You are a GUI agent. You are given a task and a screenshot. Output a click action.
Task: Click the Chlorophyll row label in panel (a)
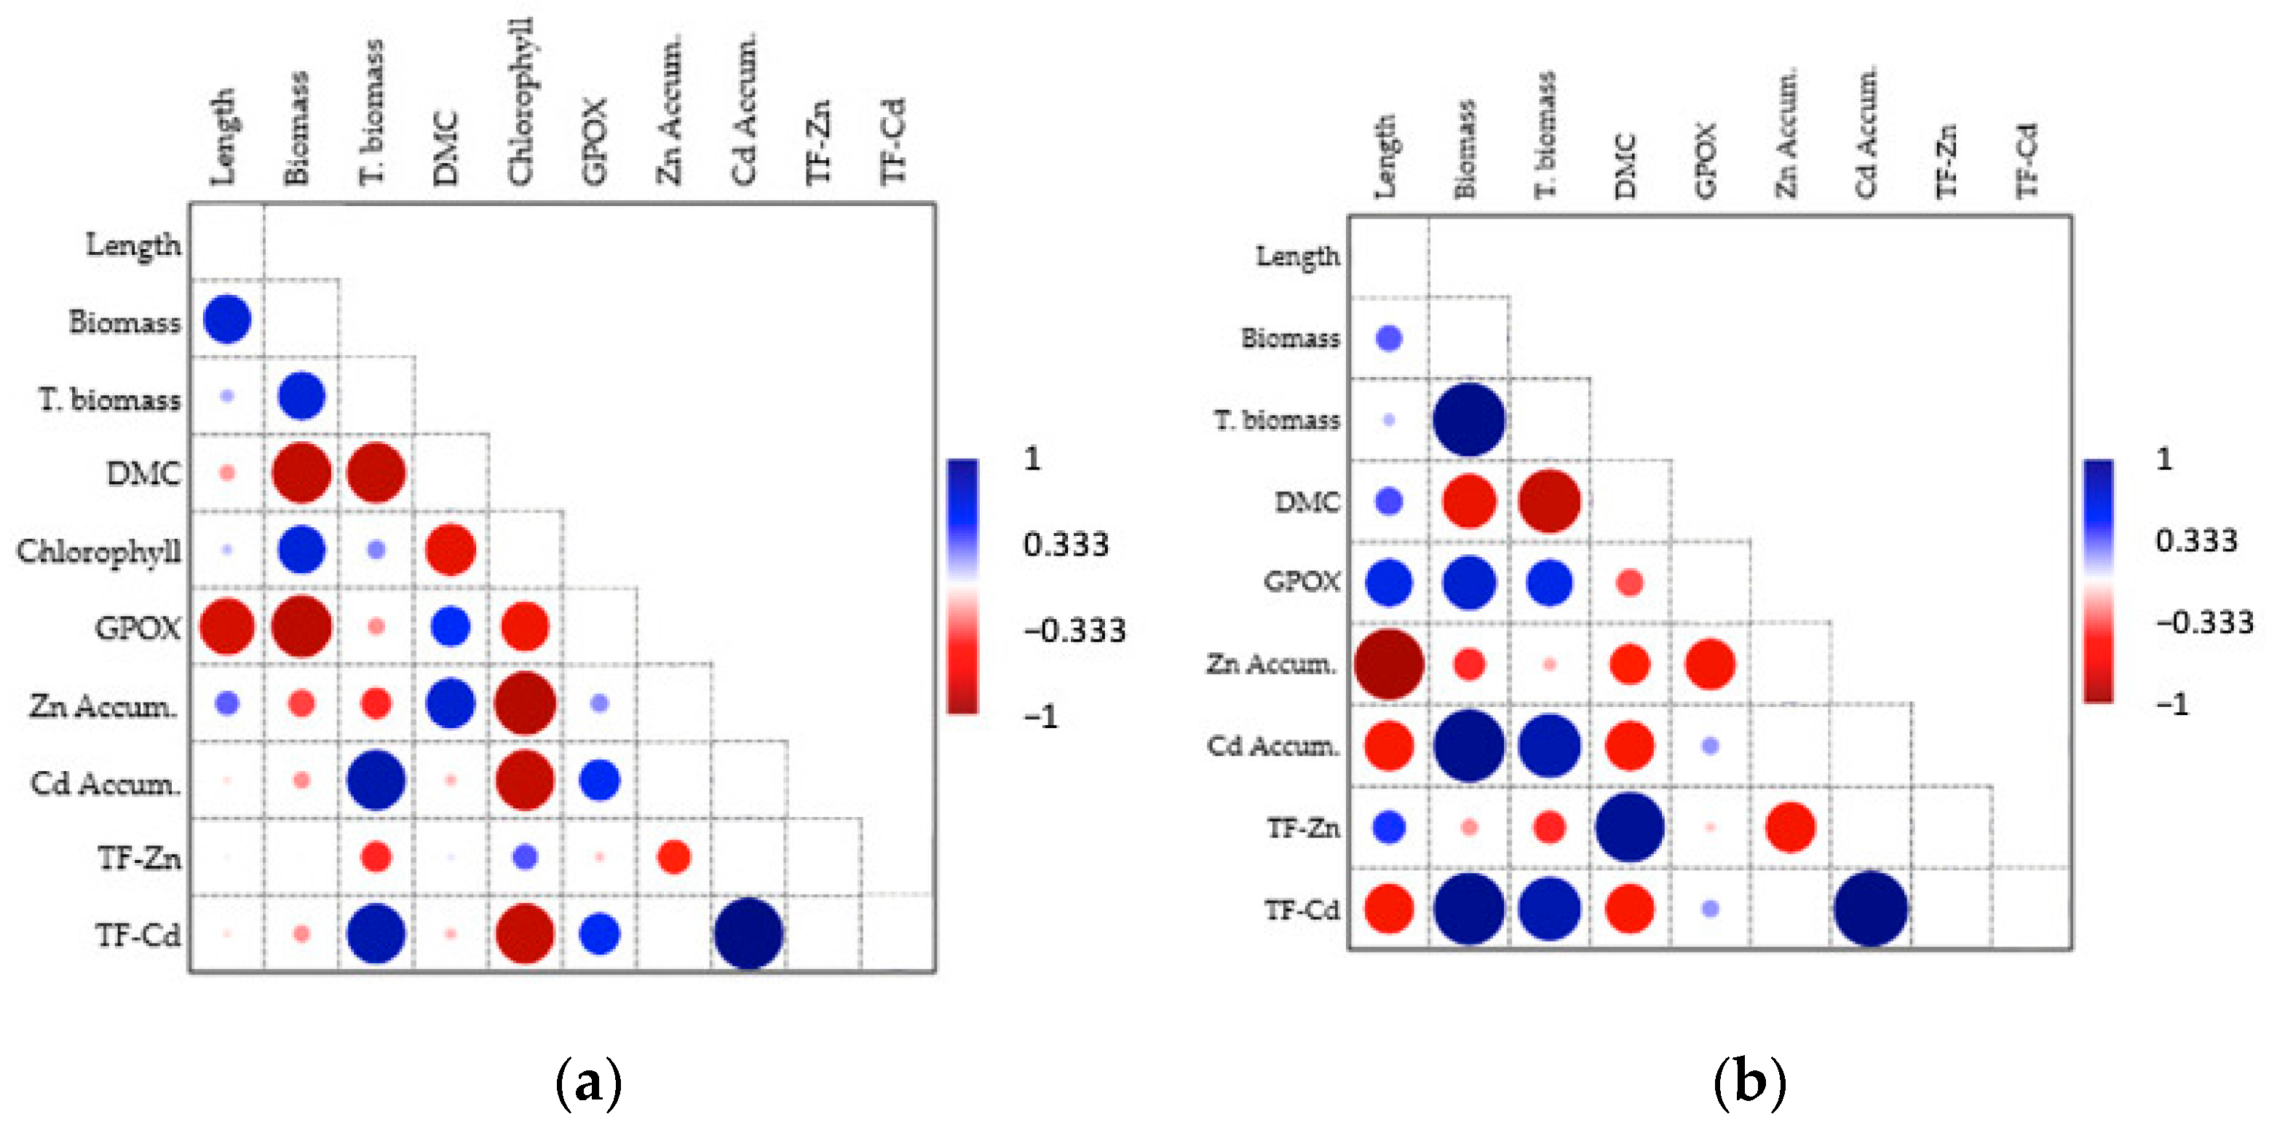click(x=99, y=551)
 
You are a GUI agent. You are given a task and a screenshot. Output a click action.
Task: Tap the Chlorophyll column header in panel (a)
click(x=520, y=101)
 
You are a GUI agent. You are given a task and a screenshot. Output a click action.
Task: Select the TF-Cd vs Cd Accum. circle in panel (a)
click(x=748, y=933)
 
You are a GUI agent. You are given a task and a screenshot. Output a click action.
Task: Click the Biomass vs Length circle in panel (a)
click(x=227, y=319)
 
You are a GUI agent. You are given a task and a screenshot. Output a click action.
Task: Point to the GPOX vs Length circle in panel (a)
click(x=227, y=626)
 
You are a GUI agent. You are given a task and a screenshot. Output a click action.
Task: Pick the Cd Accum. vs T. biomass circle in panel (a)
click(x=376, y=780)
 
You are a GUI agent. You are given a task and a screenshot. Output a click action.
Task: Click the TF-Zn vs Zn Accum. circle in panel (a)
click(x=674, y=856)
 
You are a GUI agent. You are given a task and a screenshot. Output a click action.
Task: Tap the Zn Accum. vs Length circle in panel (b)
click(x=1389, y=664)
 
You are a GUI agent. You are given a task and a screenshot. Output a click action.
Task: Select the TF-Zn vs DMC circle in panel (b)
click(x=1630, y=827)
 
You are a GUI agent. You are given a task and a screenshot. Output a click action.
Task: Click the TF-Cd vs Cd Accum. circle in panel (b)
click(x=1871, y=908)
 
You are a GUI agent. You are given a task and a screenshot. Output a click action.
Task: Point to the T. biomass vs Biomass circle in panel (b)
click(x=1468, y=419)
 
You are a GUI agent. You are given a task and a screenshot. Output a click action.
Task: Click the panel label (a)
click(x=588, y=1083)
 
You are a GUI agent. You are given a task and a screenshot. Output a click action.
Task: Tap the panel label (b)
click(x=1749, y=1083)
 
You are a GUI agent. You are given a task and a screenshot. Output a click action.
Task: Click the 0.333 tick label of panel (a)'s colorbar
click(x=1065, y=545)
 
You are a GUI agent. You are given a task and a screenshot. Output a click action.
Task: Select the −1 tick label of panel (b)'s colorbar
click(x=2172, y=704)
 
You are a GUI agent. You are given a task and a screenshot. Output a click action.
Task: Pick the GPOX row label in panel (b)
click(x=1302, y=582)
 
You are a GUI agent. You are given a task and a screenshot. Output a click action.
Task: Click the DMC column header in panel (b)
click(x=1626, y=165)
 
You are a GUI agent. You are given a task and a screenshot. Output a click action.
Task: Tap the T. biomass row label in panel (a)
click(x=110, y=400)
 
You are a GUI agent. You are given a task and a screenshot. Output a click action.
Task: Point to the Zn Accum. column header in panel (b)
click(x=1786, y=132)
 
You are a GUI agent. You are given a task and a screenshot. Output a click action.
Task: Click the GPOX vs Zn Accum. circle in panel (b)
click(x=1710, y=664)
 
